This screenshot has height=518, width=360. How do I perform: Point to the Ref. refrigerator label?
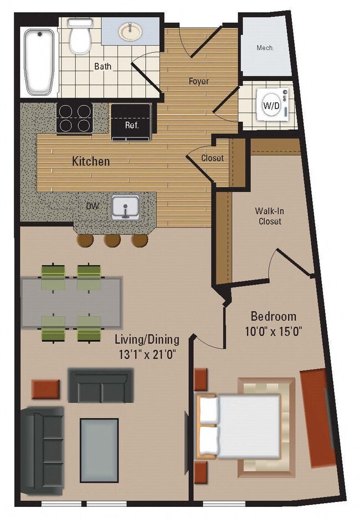[x=131, y=125]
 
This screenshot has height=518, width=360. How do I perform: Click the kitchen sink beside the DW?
[x=126, y=208]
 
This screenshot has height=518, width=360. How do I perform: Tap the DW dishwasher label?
[x=92, y=206]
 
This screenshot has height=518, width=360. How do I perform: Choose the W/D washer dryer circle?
[x=271, y=105]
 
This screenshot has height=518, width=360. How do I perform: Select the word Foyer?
[x=198, y=81]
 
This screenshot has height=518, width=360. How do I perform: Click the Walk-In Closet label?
[x=268, y=216]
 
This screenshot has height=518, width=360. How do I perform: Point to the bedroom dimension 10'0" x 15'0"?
[x=273, y=332]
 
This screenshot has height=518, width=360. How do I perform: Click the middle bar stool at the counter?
[x=112, y=239]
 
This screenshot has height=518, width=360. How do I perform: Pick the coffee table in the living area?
[x=99, y=450]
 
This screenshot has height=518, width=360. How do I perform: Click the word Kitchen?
[x=91, y=162]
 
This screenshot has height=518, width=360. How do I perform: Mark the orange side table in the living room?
[x=45, y=389]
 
